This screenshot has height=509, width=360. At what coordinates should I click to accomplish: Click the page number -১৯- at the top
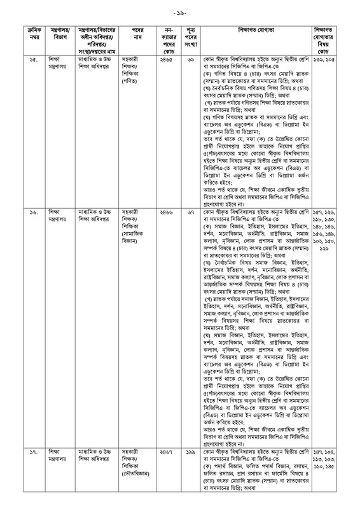[179, 12]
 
